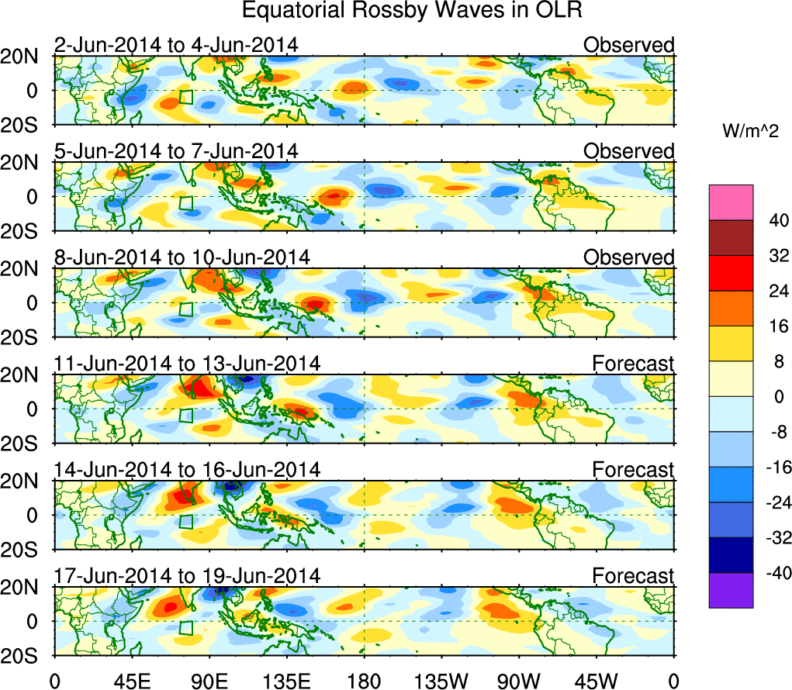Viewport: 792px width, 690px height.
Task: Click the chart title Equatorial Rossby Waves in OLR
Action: [412, 11]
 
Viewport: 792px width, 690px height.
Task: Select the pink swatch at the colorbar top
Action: [731, 202]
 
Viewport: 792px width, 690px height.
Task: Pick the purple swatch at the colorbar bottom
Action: [731, 590]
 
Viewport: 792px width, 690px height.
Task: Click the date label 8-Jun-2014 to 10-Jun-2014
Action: [182, 257]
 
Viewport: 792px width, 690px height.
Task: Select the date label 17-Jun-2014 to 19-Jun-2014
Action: [187, 576]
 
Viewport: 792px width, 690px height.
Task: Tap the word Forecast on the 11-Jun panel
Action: [634, 364]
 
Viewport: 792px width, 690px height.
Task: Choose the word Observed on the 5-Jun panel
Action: [629, 151]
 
